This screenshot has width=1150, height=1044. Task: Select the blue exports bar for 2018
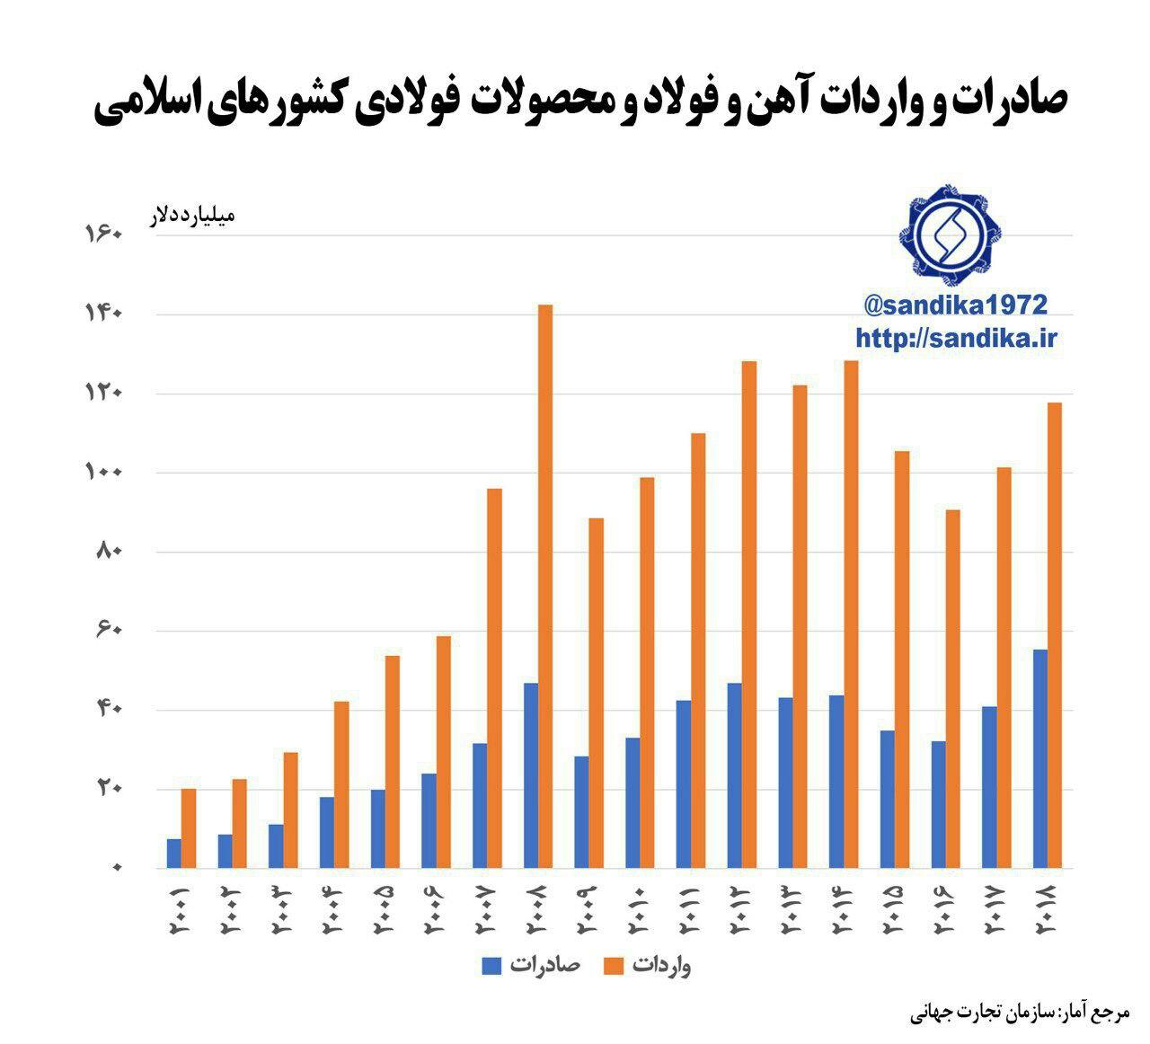[x=1039, y=758]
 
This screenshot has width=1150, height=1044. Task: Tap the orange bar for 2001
[x=189, y=828]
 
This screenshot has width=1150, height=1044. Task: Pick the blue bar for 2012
[x=735, y=775]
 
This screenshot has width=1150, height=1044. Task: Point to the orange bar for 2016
[x=952, y=688]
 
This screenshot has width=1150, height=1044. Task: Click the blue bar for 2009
[x=582, y=812]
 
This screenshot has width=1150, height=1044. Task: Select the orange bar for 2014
[x=851, y=614]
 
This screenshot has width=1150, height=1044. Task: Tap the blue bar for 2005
[x=378, y=828]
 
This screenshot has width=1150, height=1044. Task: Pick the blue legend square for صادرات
[x=491, y=966]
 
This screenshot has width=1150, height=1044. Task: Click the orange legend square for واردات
[x=615, y=966]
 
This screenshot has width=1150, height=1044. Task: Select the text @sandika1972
[x=954, y=305]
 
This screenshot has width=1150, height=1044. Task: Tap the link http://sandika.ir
[x=956, y=338]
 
